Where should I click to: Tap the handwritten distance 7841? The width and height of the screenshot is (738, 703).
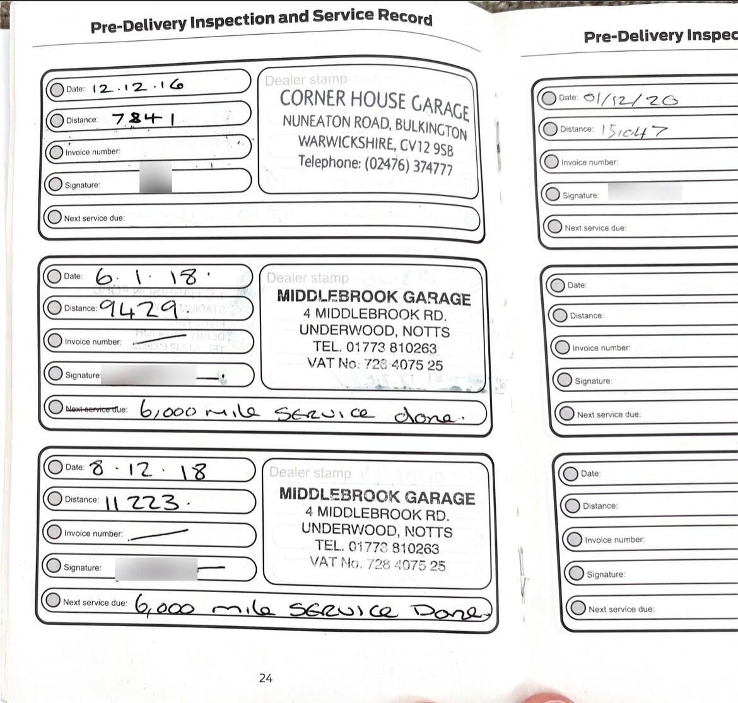click(144, 118)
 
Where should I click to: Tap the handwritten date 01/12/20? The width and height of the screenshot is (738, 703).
click(630, 98)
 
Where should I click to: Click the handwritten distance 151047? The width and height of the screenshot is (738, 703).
click(633, 131)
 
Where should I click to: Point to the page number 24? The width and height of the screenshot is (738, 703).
click(266, 678)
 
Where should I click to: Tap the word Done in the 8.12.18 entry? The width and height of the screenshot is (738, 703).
click(450, 611)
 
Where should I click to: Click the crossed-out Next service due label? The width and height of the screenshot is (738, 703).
click(96, 409)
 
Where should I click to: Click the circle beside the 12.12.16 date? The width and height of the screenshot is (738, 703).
click(56, 89)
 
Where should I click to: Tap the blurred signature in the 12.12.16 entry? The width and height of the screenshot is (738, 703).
click(155, 177)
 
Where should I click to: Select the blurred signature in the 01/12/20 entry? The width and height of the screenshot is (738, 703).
click(644, 192)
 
